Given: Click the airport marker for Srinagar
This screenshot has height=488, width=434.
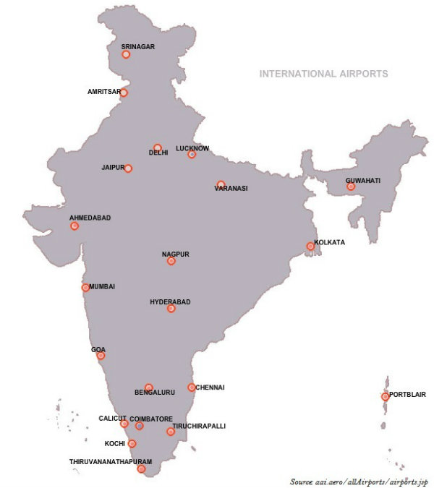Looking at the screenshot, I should (x=126, y=54).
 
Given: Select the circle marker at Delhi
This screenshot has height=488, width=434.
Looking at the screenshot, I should (x=157, y=147).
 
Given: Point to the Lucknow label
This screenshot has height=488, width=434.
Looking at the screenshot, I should (x=192, y=148).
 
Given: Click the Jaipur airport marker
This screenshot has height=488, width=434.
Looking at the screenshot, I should (x=128, y=168).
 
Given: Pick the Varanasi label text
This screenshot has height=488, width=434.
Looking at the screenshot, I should (x=231, y=189).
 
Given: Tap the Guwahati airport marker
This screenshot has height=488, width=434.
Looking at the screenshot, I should (x=351, y=187).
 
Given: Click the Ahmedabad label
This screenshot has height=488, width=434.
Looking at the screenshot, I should (x=90, y=218).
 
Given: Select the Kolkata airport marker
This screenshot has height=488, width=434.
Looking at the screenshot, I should (x=310, y=247).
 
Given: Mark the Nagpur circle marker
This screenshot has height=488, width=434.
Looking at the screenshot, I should (x=171, y=261).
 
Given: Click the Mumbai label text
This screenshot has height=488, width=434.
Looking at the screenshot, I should (x=102, y=287).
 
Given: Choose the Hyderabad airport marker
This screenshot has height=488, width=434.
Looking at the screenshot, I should (x=171, y=309).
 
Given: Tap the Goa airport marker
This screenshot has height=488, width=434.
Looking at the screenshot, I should (x=101, y=356).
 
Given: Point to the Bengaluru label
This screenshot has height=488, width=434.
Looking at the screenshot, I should (x=155, y=393).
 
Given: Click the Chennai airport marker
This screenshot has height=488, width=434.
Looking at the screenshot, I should (x=192, y=388).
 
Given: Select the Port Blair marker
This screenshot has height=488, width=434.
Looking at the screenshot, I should (x=385, y=396).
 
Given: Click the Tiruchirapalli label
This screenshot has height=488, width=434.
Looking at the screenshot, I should (x=199, y=427).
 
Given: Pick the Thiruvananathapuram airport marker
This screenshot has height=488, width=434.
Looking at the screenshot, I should (x=141, y=469).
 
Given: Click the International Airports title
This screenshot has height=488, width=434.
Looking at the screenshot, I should (x=323, y=74).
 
